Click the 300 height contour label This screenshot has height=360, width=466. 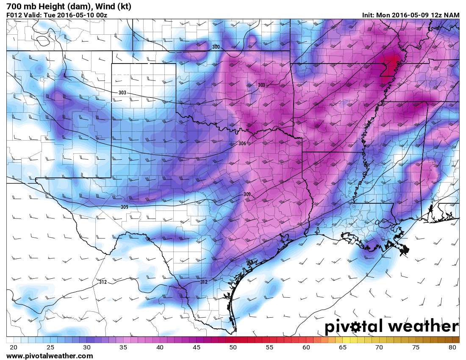point(216,47)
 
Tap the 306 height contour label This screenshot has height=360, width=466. point(242,144)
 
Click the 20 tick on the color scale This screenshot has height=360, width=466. point(13,347)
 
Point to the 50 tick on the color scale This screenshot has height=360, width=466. point(233,347)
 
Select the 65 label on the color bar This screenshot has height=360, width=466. point(343,347)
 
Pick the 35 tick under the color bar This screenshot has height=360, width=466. point(123,347)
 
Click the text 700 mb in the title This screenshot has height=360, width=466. point(19,6)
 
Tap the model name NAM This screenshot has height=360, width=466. point(452,15)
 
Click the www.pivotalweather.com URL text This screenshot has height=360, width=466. point(50,356)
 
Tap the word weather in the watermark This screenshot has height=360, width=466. point(424,326)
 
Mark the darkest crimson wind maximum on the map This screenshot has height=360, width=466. point(394,61)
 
